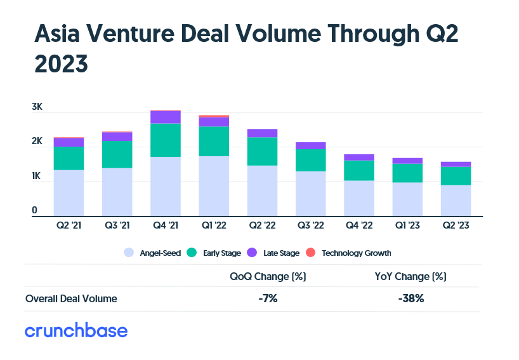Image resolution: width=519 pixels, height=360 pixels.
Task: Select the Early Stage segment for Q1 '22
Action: (x=213, y=141)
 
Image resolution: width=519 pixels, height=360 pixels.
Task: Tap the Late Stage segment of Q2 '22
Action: (x=262, y=133)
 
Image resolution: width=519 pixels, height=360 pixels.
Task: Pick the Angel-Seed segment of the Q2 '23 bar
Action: (x=456, y=200)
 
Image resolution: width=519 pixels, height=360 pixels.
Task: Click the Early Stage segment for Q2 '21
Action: (x=69, y=158)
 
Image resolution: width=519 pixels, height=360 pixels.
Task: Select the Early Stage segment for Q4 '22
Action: (x=358, y=170)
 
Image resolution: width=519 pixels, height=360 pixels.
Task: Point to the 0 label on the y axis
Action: (x=35, y=210)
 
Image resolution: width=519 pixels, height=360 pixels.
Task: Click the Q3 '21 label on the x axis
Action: (x=117, y=225)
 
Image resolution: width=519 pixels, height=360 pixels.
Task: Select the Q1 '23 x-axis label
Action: (x=407, y=225)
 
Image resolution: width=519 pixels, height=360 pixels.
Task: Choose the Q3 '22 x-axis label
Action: (x=310, y=225)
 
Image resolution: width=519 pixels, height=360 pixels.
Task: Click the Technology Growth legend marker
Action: (x=311, y=253)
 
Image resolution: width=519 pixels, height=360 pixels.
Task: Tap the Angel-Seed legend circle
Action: (x=129, y=253)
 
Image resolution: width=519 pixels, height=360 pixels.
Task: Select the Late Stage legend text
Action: (x=281, y=253)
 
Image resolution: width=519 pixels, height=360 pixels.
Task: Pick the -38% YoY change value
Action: (x=409, y=298)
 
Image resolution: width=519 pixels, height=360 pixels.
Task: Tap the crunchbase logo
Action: (x=76, y=331)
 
